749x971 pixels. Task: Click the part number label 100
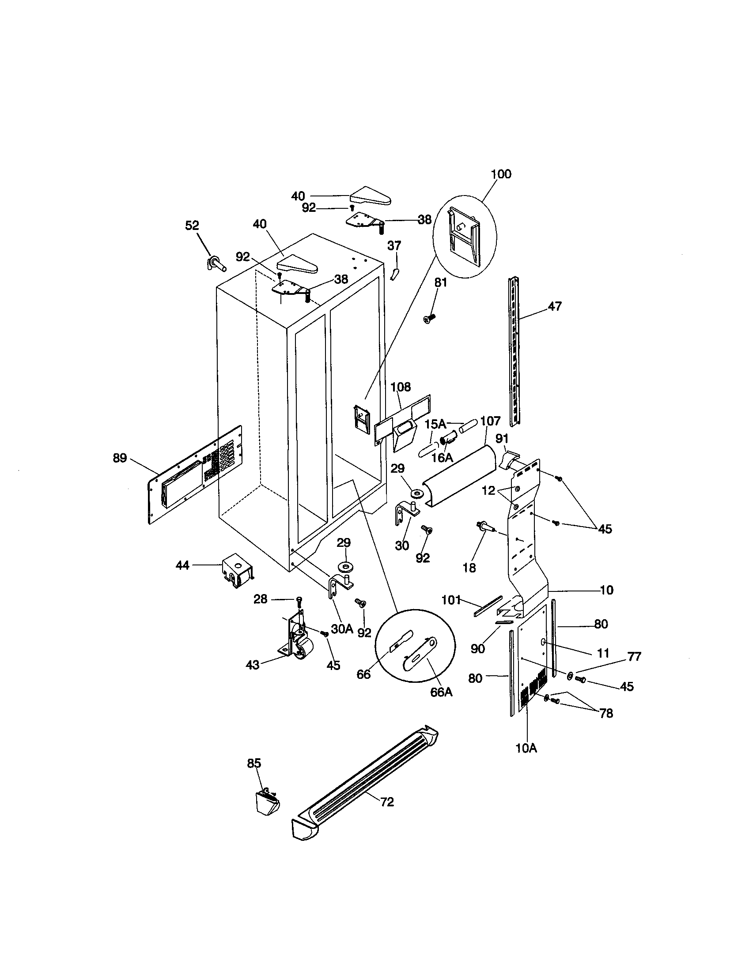[x=501, y=174]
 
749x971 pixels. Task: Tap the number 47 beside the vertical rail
[x=555, y=306]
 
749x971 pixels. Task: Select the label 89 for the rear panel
[x=120, y=458]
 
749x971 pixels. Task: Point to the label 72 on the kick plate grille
[x=387, y=802]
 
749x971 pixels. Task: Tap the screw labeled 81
[x=429, y=318]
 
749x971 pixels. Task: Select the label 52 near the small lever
[x=192, y=226]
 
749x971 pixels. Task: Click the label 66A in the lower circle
[x=441, y=692]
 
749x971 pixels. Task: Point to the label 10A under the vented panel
[x=526, y=748]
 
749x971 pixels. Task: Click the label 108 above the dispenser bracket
[x=401, y=387]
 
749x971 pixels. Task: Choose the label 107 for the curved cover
[x=491, y=420]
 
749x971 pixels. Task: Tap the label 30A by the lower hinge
[x=342, y=629]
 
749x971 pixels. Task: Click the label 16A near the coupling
[x=442, y=457]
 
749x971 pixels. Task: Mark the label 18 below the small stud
[x=469, y=567]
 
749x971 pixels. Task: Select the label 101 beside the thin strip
[x=451, y=600]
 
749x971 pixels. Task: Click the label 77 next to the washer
[x=634, y=657]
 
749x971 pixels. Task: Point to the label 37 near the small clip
[x=394, y=245]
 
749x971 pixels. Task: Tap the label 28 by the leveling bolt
[x=260, y=599]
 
